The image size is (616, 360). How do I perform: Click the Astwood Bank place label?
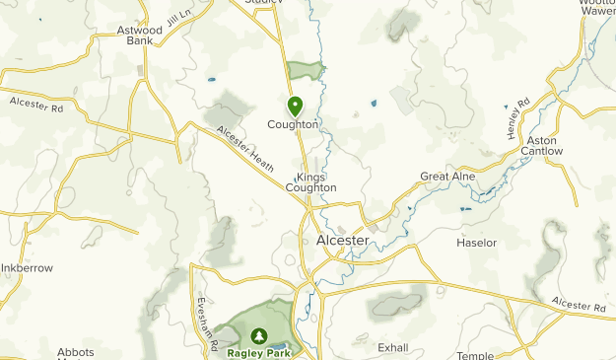tap(138, 36)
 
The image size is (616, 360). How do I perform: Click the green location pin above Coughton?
tap(295, 105)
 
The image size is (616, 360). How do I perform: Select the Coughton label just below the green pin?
tap(294, 125)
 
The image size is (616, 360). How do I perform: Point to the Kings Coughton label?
tap(310, 181)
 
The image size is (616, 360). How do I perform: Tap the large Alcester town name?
tap(343, 241)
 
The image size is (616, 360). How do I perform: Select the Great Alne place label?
tap(447, 177)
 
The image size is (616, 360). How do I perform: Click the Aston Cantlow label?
tap(542, 146)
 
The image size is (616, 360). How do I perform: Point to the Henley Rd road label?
tap(518, 117)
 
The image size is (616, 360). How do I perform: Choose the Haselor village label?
tap(477, 243)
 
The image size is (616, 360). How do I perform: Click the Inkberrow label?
tap(26, 268)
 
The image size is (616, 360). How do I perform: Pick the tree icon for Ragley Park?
tap(260, 336)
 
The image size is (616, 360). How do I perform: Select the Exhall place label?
tap(393, 347)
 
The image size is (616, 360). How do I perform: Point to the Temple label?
tap(475, 354)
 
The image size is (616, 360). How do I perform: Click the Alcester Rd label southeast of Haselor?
tap(578, 305)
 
